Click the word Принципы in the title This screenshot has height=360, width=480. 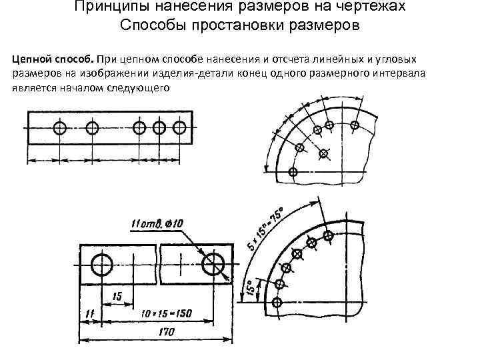coord(105,7)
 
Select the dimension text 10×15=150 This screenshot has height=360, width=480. coord(168,313)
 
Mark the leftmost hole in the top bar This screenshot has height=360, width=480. coord(61,127)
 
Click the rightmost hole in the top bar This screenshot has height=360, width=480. coord(179,127)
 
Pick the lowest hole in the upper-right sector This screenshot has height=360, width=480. coord(293,171)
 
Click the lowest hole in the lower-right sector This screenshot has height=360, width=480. coord(278,303)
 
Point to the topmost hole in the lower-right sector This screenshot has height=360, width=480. coord(328,235)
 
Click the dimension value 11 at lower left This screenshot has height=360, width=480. coord(90,313)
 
